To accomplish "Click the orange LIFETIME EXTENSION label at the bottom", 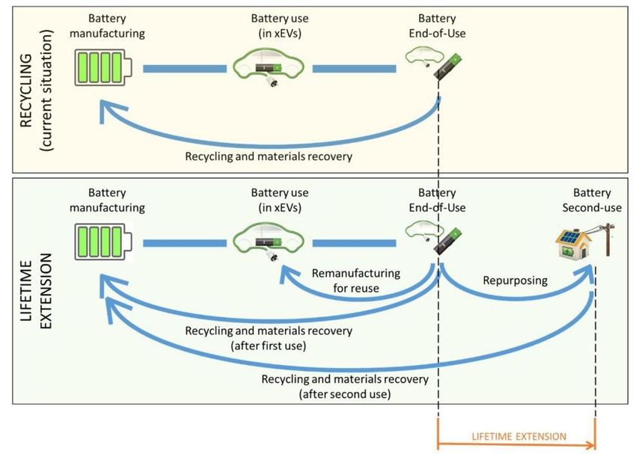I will [518, 436].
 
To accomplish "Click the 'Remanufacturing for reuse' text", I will [355, 280].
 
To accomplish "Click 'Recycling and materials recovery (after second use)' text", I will [344, 387].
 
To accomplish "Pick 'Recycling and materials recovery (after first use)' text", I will [269, 337].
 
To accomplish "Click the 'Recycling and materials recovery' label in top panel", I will [268, 157].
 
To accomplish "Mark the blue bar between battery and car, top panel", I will [184, 70].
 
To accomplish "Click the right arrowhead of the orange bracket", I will [592, 447].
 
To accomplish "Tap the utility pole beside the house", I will [608, 232].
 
